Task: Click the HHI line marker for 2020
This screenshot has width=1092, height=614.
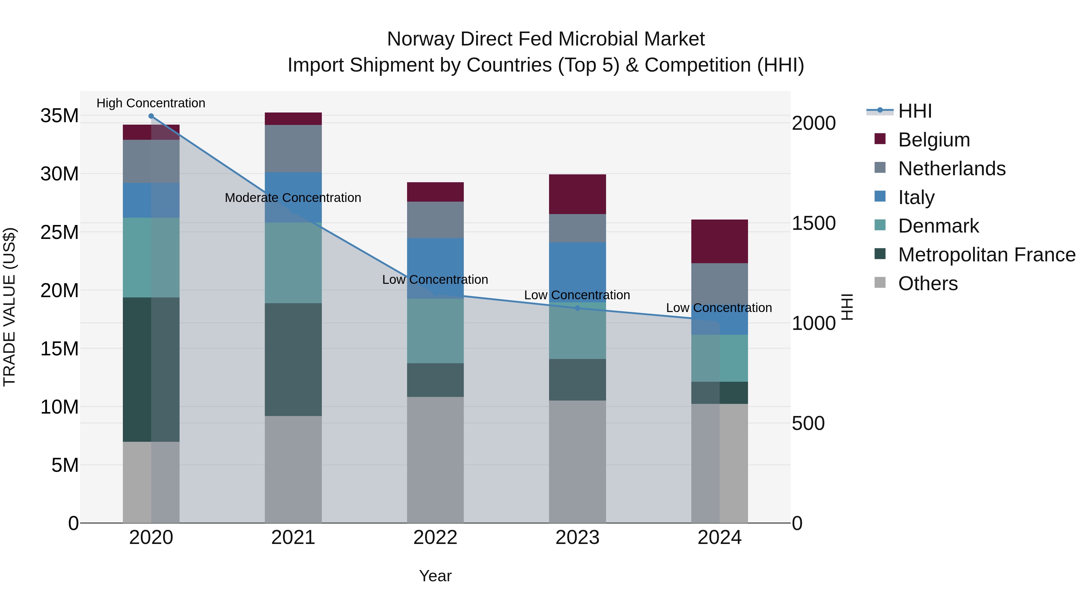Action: click(151, 116)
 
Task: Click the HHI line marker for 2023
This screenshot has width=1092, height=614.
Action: click(577, 308)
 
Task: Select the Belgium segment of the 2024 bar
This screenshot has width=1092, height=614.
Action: click(720, 242)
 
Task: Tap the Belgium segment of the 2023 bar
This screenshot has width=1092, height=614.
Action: click(577, 194)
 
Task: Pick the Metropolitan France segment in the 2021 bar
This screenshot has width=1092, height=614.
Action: click(293, 359)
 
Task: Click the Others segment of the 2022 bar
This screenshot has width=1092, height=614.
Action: click(435, 460)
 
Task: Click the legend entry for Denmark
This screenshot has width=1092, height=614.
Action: click(938, 226)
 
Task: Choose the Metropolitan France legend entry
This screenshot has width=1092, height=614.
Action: click(986, 255)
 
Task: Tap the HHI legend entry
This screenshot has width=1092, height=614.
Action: click(914, 111)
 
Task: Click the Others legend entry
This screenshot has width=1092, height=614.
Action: click(928, 284)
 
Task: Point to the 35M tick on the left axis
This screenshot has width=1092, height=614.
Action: click(59, 116)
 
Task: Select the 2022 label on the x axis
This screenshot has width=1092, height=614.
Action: click(435, 538)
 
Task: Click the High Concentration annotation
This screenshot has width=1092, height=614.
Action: click(151, 103)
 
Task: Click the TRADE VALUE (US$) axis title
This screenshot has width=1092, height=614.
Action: click(9, 307)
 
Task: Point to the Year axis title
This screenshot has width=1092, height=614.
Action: click(435, 576)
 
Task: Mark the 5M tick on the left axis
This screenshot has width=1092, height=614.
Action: click(65, 465)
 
